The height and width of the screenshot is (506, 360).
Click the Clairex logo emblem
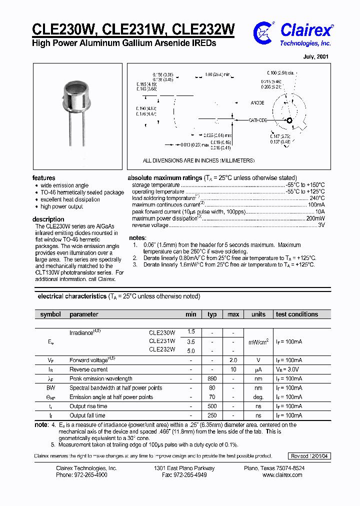(x=263, y=33)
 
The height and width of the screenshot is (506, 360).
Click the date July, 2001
(x=316, y=57)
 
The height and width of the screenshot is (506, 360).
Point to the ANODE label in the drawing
(x=257, y=103)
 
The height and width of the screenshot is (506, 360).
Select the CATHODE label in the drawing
(x=257, y=120)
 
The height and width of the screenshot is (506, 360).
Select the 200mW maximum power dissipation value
(x=315, y=218)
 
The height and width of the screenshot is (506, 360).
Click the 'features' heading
(x=44, y=178)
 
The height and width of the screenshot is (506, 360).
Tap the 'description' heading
(x=48, y=219)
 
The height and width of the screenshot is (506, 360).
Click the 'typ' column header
(x=212, y=314)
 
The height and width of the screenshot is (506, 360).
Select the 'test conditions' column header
(x=297, y=314)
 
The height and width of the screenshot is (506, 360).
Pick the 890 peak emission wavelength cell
(x=212, y=379)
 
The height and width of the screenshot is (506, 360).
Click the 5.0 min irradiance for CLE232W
(x=191, y=351)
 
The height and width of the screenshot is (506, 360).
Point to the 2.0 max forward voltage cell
(x=233, y=360)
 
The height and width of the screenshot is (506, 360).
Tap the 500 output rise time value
(x=212, y=406)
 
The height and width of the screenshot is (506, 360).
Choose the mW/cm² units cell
(x=258, y=342)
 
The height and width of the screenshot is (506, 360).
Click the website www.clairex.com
(x=282, y=475)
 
